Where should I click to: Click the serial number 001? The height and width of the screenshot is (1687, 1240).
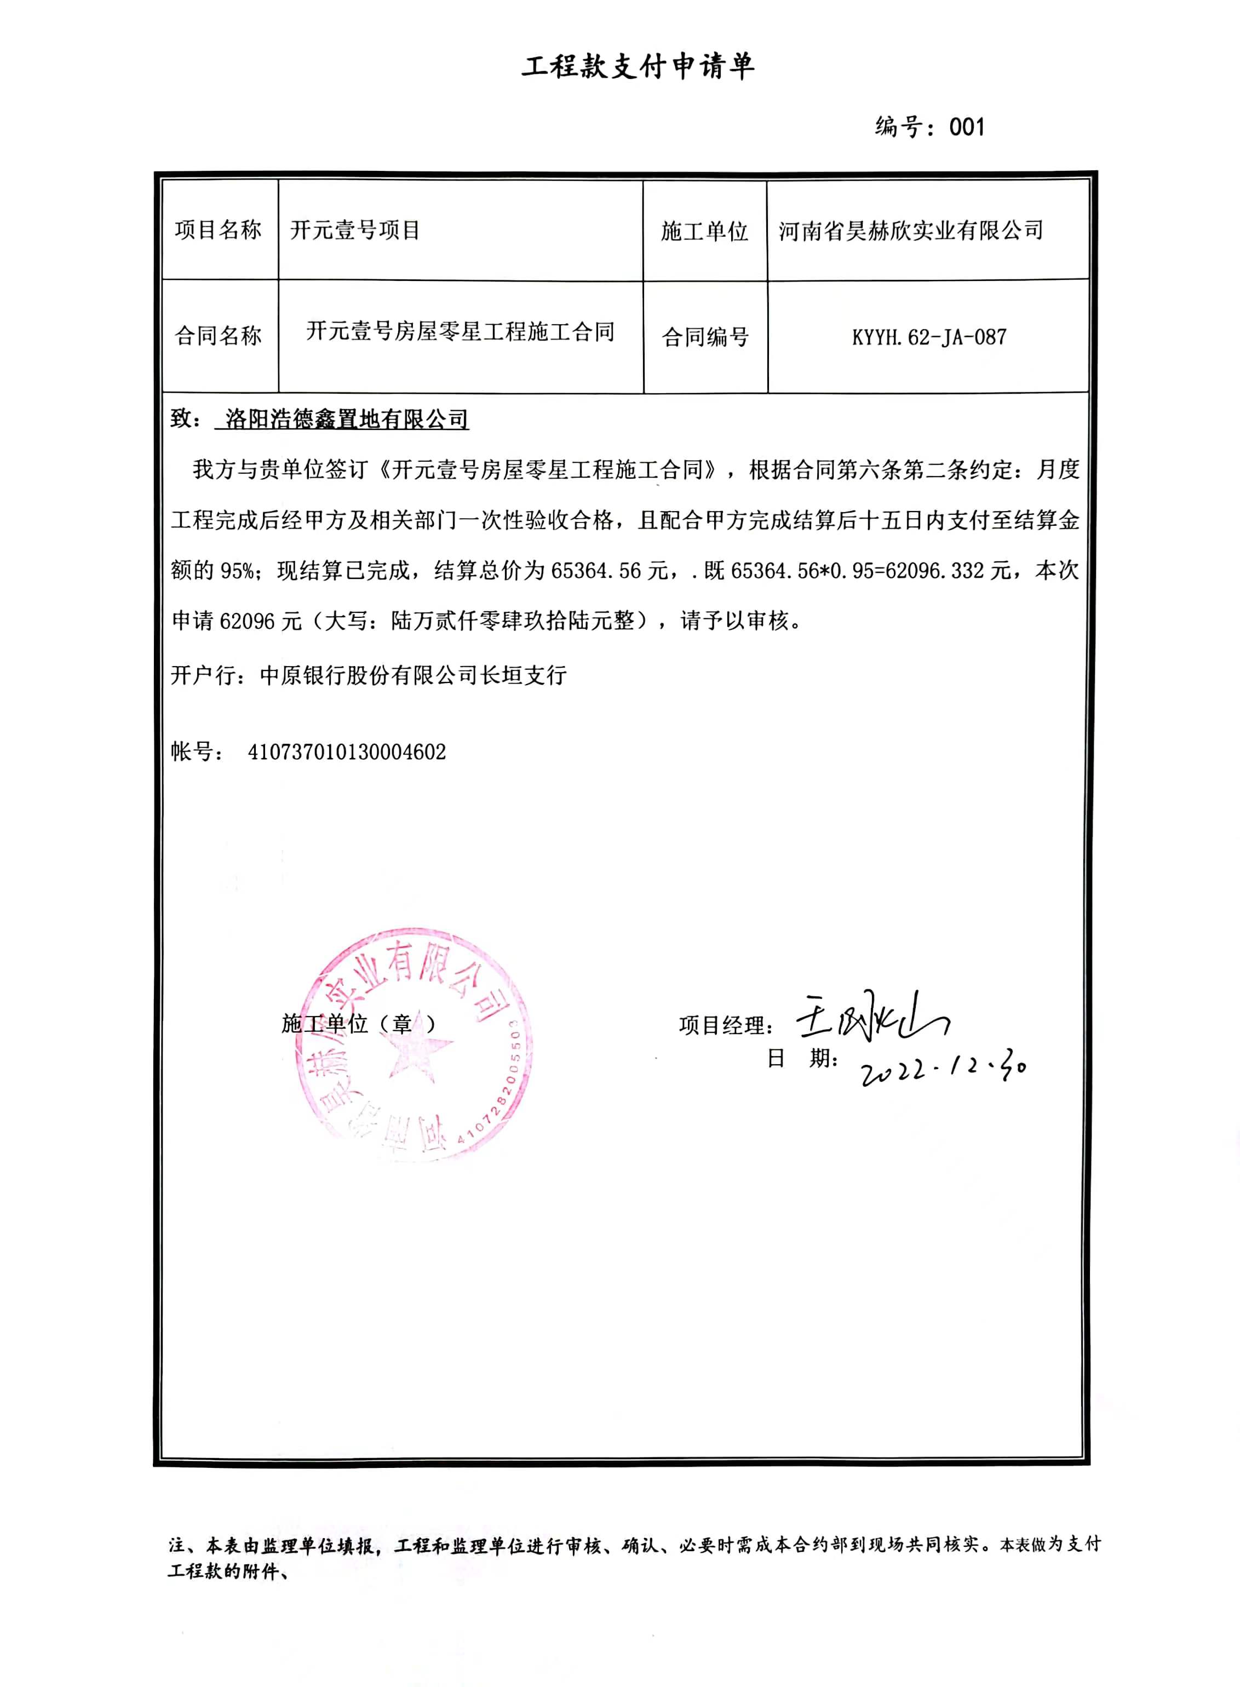966,127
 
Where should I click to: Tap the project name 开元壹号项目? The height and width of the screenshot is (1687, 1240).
354,229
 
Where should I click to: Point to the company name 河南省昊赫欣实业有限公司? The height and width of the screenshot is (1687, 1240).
910,231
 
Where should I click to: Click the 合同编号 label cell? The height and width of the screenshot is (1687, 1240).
705,337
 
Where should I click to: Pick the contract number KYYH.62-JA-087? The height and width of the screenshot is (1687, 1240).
928,337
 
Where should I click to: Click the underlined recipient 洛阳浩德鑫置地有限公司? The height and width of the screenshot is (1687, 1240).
347,419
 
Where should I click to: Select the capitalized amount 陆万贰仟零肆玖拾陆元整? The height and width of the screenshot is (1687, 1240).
513,621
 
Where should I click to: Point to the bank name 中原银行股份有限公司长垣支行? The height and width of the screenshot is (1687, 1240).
413,675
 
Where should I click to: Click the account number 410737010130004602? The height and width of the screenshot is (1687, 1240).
347,752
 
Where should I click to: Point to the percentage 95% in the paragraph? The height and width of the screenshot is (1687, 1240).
237,571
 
